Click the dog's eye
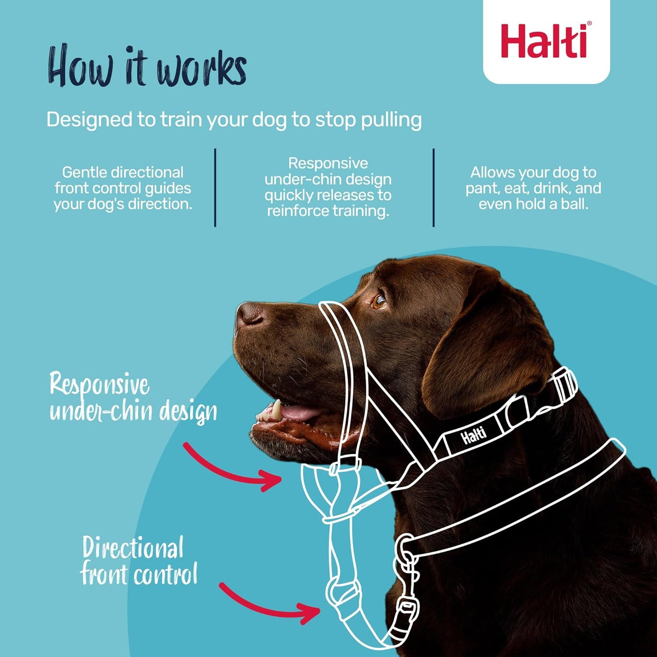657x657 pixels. tap(379, 301)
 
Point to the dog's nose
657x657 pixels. tap(249, 314)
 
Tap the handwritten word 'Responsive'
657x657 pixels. tap(99, 385)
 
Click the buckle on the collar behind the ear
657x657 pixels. tap(564, 386)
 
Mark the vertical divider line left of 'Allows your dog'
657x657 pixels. tap(434, 187)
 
